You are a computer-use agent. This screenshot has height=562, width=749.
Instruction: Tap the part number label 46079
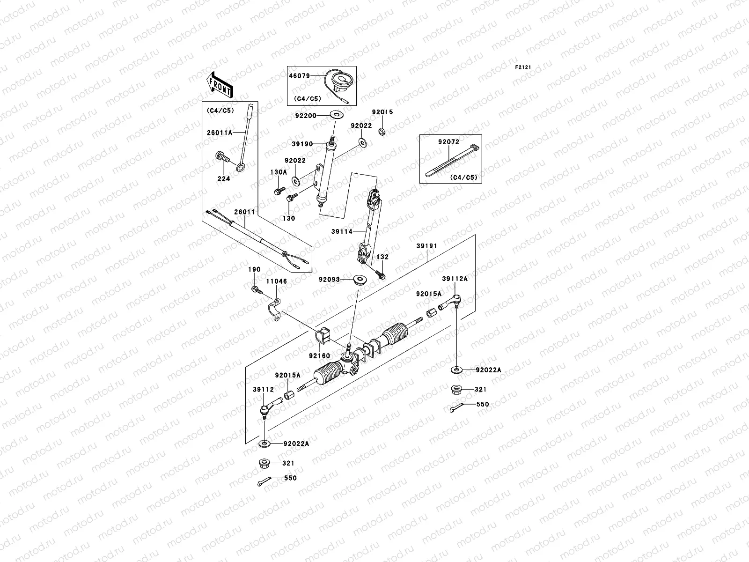[x=298, y=75]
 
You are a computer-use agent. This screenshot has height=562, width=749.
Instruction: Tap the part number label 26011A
[x=220, y=133]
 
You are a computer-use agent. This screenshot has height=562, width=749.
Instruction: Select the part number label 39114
[x=341, y=231]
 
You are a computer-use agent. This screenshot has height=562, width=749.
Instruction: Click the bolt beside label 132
[x=380, y=274]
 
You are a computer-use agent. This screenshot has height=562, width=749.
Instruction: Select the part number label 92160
[x=319, y=355]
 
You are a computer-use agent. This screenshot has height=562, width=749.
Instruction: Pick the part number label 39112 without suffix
[x=263, y=389]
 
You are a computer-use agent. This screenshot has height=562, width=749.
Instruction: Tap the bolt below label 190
[x=256, y=290]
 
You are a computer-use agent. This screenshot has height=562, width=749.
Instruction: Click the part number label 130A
[x=278, y=172]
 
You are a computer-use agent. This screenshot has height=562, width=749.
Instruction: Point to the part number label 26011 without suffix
[x=244, y=212]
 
